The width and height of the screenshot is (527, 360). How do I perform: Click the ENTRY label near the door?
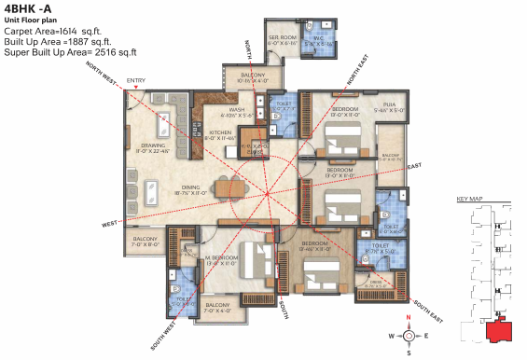[x=136, y=81]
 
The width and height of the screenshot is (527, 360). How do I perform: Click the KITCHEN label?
[x=221, y=133]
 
